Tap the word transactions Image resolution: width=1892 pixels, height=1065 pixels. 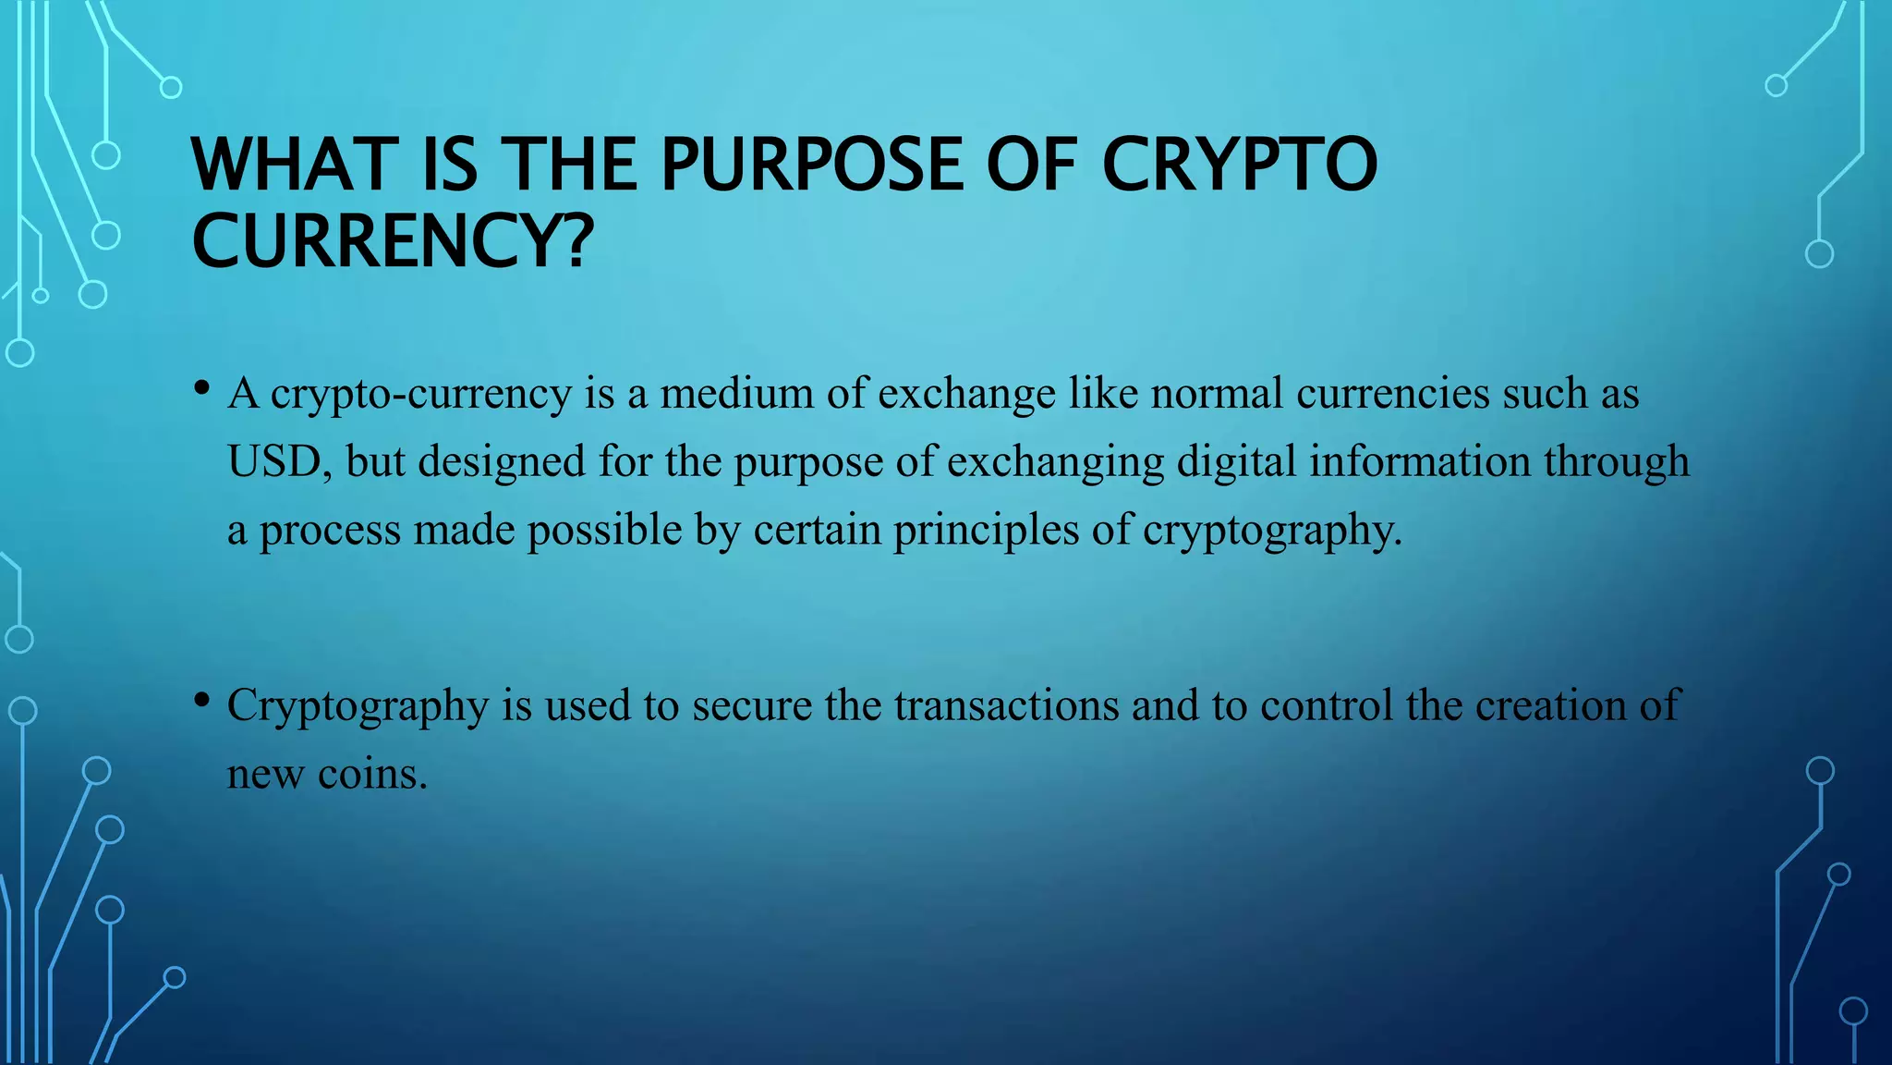[x=1006, y=705]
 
